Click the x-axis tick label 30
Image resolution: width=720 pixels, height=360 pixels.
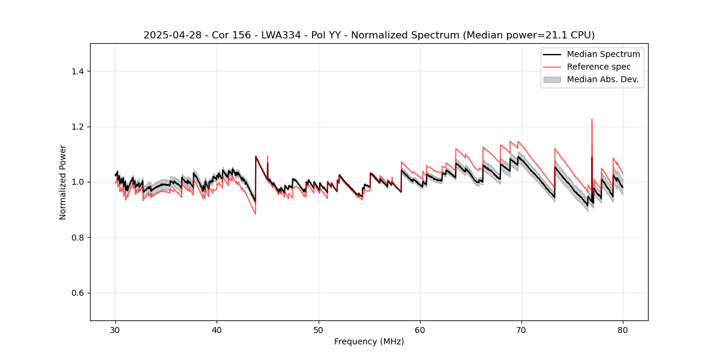point(116,330)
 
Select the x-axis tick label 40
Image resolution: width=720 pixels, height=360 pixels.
point(217,330)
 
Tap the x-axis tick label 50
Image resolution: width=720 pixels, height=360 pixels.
point(319,330)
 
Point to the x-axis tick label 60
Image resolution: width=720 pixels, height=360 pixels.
point(420,330)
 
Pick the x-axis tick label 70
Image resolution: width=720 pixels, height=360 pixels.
point(521,330)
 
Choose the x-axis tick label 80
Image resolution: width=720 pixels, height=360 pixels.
point(623,330)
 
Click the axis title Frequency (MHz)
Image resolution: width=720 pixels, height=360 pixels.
point(369,341)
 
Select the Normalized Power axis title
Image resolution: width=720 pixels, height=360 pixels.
point(63,182)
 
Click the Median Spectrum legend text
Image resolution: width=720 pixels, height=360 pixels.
point(603,54)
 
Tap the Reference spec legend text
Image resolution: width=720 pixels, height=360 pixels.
point(599,67)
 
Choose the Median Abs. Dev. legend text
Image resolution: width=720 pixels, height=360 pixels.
point(603,79)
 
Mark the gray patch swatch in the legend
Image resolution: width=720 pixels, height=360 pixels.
point(552,79)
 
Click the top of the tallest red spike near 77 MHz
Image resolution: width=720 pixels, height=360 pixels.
point(592,119)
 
